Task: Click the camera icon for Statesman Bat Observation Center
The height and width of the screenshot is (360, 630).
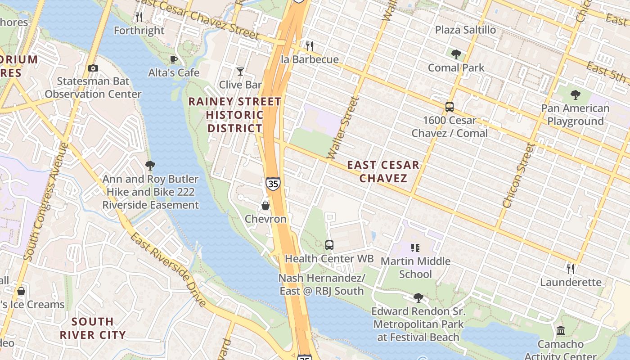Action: pyautogui.click(x=93, y=68)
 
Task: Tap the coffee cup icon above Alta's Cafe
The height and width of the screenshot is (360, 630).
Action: pyautogui.click(x=174, y=59)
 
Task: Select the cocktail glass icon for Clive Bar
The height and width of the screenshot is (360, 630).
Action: pyautogui.click(x=240, y=72)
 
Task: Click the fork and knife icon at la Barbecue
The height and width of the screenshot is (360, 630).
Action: pyautogui.click(x=310, y=46)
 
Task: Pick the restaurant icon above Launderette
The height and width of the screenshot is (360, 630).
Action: pyautogui.click(x=571, y=269)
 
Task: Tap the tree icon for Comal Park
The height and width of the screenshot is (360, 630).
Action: pyautogui.click(x=456, y=54)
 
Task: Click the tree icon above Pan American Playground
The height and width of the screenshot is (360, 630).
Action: pyautogui.click(x=575, y=95)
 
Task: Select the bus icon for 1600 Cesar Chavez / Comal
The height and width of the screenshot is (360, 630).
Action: pyautogui.click(x=450, y=107)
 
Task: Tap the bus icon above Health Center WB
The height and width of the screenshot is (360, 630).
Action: pyautogui.click(x=329, y=245)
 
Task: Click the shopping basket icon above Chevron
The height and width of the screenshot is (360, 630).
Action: pyautogui.click(x=265, y=206)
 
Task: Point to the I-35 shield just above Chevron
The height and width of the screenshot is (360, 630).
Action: pyautogui.click(x=273, y=183)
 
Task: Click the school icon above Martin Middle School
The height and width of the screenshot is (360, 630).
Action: pyautogui.click(x=415, y=247)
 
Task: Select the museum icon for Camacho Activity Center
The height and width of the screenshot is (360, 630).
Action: pyautogui.click(x=561, y=331)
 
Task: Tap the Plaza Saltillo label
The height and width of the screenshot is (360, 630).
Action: pyautogui.click(x=465, y=30)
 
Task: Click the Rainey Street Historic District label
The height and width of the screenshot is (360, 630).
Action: pyautogui.click(x=234, y=115)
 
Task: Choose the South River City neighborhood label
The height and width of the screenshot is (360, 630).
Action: pyautogui.click(x=93, y=328)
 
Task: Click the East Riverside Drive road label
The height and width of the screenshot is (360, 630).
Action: pyautogui.click(x=168, y=269)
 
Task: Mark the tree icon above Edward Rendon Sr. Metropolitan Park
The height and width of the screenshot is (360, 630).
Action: pyautogui.click(x=418, y=297)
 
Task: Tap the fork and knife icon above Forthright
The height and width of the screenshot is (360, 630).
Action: pyautogui.click(x=139, y=17)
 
